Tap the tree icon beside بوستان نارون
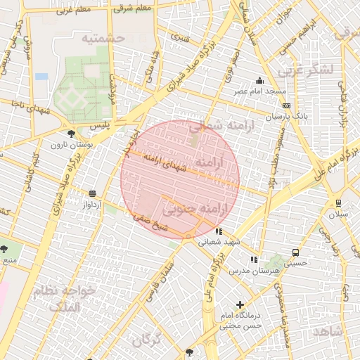[70, 133]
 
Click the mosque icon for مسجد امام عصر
[260, 80]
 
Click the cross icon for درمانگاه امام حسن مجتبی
[240, 305]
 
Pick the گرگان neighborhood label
[146, 340]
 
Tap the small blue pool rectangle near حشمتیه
[41, 76]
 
